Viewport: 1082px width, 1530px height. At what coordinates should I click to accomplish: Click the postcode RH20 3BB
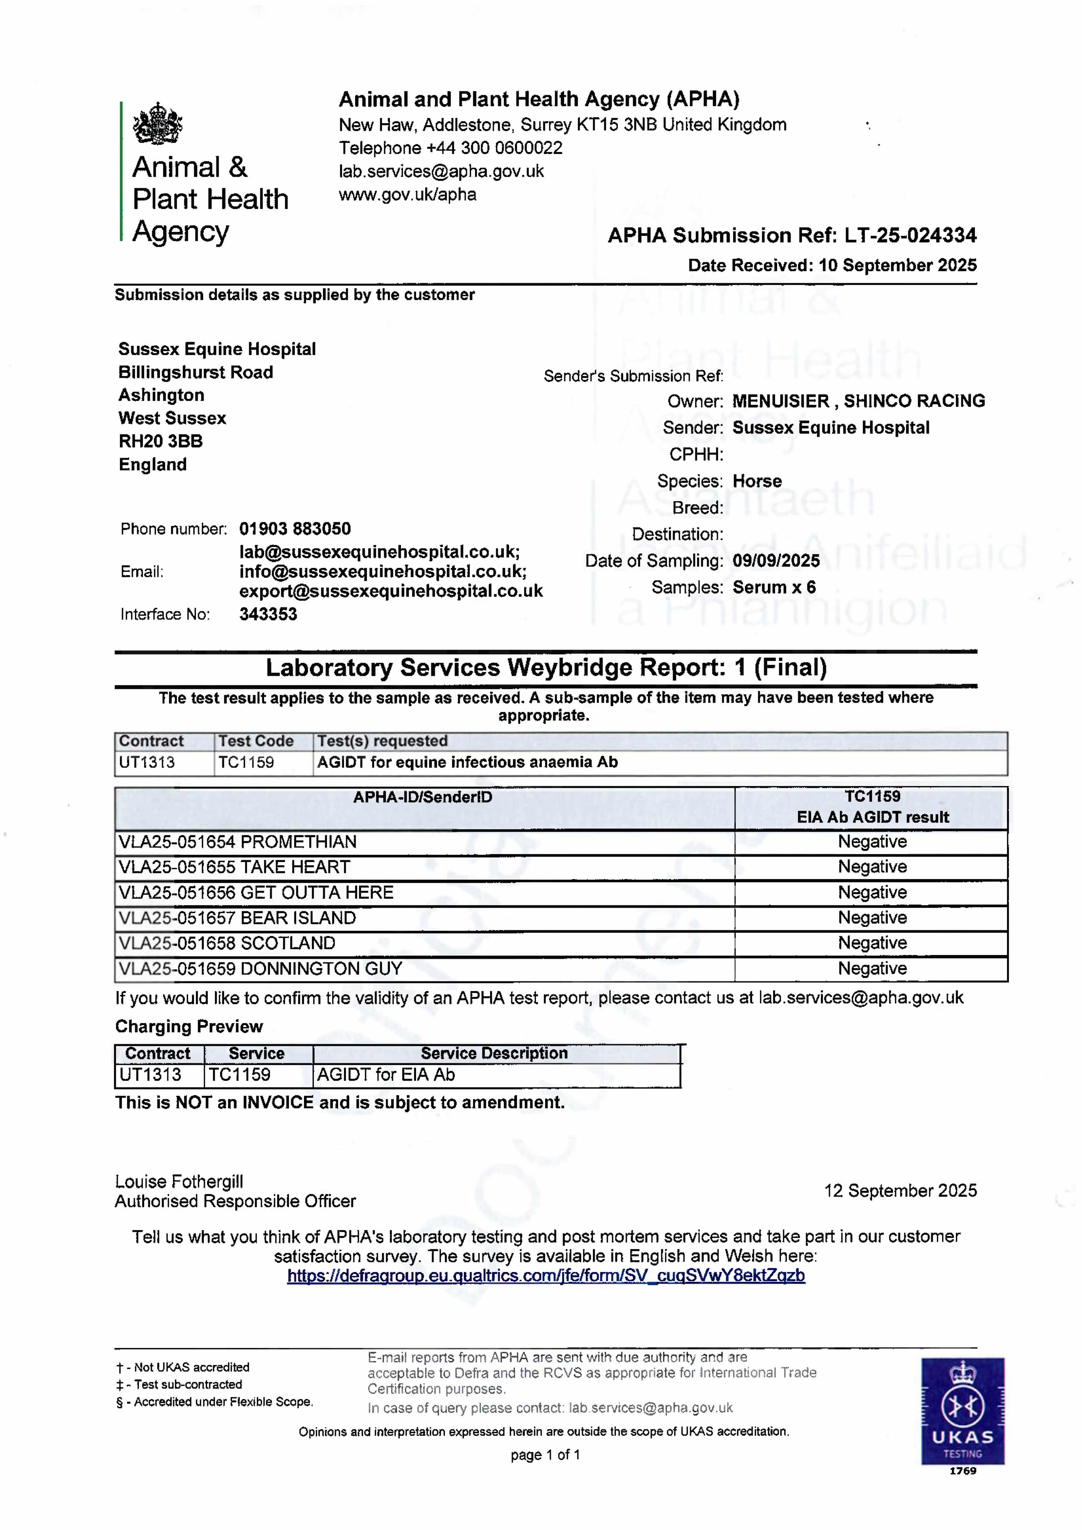[x=161, y=441]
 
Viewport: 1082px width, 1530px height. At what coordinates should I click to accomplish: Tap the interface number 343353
[x=268, y=614]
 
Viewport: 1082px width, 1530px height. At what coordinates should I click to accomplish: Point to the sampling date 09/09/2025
[x=776, y=561]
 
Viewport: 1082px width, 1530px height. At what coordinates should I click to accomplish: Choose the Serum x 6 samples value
[x=774, y=588]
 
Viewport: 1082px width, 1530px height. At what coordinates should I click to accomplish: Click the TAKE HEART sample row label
[x=234, y=867]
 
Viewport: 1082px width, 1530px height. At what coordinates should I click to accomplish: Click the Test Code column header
[x=256, y=741]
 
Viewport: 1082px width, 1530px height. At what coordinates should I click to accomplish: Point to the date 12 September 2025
[x=900, y=1191]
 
